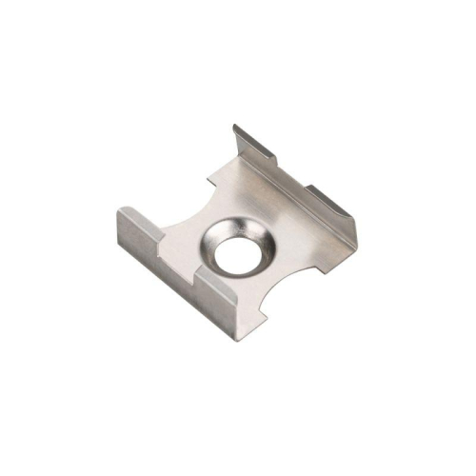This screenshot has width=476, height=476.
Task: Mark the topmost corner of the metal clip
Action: coord(236,125)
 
